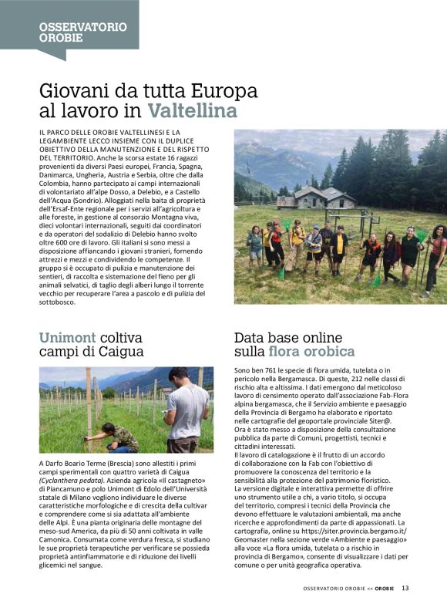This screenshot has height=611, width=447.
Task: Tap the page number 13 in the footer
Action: pyautogui.click(x=405, y=587)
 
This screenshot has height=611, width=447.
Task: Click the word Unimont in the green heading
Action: pyautogui.click(x=68, y=337)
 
